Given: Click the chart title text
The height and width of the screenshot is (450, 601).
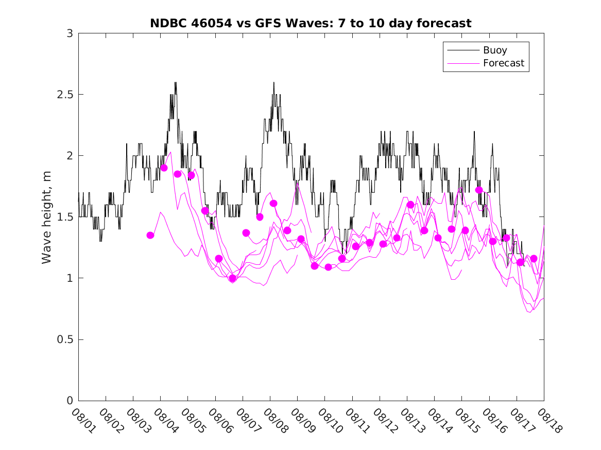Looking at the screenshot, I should (311, 23).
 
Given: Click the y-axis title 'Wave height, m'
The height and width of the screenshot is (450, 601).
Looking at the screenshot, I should (47, 217).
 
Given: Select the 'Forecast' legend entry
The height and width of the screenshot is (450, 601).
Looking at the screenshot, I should (503, 63).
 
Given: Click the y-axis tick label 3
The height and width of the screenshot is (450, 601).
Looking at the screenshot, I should (70, 33).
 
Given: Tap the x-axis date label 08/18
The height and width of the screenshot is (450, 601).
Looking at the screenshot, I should (548, 421).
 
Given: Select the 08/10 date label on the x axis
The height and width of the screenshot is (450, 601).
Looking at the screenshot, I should (329, 421).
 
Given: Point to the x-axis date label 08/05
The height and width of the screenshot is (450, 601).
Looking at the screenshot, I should (192, 421).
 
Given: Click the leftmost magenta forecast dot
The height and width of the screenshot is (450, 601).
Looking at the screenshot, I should (150, 235).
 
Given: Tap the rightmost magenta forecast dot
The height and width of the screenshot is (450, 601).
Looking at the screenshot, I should (534, 259).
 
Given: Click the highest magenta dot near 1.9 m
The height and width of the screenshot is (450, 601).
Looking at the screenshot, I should (164, 168).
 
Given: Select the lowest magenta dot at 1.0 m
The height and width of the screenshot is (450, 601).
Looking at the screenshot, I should (232, 278).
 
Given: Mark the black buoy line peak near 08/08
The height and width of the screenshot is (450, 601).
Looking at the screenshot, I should (273, 82).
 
